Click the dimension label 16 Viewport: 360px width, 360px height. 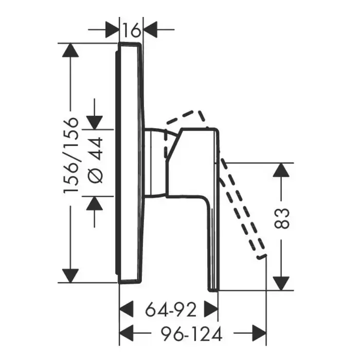click(131, 30)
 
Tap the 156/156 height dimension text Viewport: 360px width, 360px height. click(71, 156)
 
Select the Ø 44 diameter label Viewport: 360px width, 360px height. click(96, 160)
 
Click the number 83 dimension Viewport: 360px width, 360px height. click(282, 219)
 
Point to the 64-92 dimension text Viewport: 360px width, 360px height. click(171, 309)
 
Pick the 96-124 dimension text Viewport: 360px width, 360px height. click(191, 334)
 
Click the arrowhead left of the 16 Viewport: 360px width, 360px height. click(112, 30)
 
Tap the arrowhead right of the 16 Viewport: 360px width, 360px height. click(150, 30)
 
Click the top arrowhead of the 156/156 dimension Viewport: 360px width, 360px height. click(70, 50)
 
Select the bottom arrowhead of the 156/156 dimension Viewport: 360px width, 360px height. click(70, 276)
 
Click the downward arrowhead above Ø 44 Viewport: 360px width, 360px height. click(94, 123)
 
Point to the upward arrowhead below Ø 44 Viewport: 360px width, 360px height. click(94, 203)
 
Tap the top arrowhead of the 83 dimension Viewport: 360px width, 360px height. click(281, 170)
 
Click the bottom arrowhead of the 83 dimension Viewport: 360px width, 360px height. click(281, 283)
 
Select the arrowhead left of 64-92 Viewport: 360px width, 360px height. click(127, 309)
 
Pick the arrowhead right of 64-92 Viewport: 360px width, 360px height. click(211, 309)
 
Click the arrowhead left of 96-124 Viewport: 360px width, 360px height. click(127, 333)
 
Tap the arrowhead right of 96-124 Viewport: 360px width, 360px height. click(259, 333)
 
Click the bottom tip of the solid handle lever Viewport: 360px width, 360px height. click(213, 291)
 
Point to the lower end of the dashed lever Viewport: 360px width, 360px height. click(261, 257)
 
